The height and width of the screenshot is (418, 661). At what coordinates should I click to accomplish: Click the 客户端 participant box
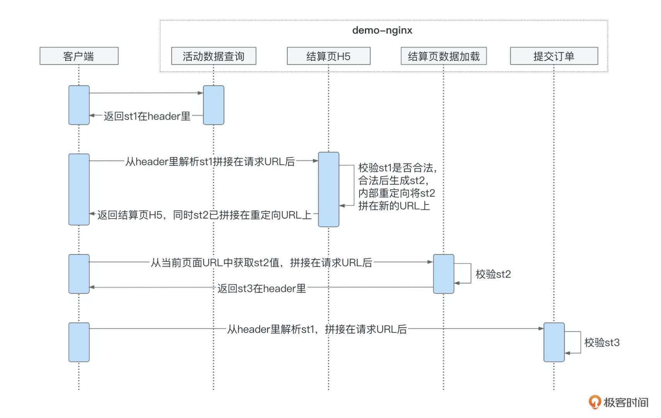point(79,56)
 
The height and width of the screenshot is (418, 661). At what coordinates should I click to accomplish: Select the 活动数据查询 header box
point(213,56)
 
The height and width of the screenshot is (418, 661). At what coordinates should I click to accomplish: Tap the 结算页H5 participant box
point(328,56)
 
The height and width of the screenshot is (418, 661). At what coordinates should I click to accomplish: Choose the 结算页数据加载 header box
point(443,56)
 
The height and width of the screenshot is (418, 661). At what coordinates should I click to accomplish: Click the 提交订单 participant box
point(554,56)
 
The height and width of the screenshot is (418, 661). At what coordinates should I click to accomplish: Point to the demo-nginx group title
point(382,30)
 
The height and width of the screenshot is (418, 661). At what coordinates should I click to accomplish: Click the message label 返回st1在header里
point(147,116)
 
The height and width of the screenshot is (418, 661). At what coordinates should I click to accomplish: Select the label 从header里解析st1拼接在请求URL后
point(210,161)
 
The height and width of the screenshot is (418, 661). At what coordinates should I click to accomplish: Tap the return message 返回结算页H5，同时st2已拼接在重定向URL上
point(204,215)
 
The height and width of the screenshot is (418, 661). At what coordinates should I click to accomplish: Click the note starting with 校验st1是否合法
point(397,186)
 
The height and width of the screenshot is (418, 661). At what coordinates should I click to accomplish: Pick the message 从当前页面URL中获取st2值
point(261,262)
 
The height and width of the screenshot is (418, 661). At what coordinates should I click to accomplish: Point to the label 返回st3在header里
point(261,288)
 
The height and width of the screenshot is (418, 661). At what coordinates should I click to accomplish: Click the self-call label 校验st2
point(493,274)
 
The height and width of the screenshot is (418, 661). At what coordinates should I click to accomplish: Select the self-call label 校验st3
point(601,342)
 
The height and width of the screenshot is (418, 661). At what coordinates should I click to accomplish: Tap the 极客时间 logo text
point(625,402)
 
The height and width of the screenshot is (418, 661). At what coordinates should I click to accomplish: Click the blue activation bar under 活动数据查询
point(213,105)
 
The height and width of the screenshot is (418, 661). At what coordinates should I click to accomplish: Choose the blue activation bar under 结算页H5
point(328,189)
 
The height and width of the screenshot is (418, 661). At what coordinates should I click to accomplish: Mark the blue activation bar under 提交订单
point(554,342)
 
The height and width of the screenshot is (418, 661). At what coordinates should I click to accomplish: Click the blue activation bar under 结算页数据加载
point(443,274)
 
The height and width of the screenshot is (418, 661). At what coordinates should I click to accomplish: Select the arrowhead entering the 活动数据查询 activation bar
point(200,93)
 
